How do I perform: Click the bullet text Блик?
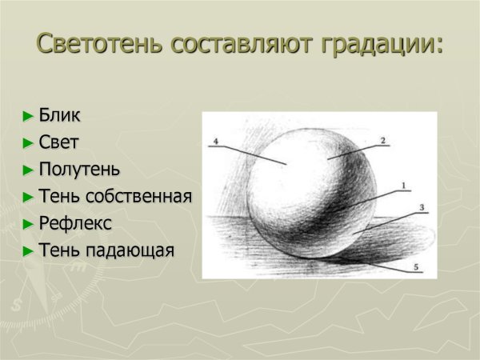tap(60, 115)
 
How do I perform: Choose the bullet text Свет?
tap(59, 142)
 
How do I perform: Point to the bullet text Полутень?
tap(80, 170)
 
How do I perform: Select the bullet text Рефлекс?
tap(75, 224)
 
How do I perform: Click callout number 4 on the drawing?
tap(215, 141)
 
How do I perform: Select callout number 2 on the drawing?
tap(382, 140)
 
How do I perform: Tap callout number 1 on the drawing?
tap(403, 186)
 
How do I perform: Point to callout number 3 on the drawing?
tap(422, 207)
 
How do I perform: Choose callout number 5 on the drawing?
tap(415, 266)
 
